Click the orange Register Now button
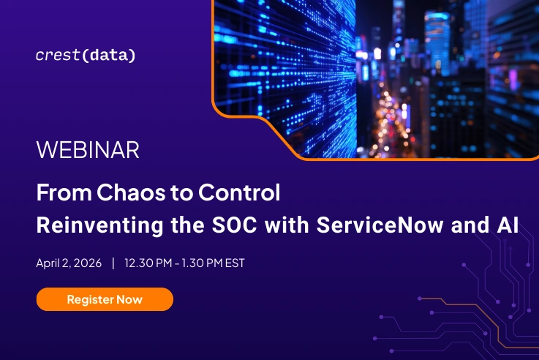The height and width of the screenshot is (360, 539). [105, 299]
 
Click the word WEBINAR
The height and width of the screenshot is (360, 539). [88, 151]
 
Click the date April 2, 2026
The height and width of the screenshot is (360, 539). [68, 263]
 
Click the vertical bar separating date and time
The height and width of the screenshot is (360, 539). [113, 263]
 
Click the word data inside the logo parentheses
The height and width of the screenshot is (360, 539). [109, 56]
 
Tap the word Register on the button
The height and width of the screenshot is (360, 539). [88, 299]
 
